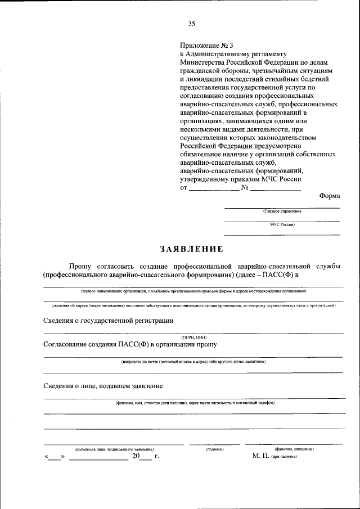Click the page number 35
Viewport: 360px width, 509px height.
click(x=191, y=24)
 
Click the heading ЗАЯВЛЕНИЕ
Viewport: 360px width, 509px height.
click(x=191, y=249)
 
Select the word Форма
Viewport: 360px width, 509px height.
click(x=330, y=196)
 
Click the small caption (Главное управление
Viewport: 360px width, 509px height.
click(x=282, y=211)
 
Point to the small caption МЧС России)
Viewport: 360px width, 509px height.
click(x=282, y=224)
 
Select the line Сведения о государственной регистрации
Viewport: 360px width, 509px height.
click(x=108, y=320)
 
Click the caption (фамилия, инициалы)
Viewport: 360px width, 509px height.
click(x=294, y=449)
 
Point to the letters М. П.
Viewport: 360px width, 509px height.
click(x=261, y=457)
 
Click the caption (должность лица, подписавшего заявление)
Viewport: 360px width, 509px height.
click(x=114, y=449)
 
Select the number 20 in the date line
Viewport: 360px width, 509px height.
click(x=136, y=457)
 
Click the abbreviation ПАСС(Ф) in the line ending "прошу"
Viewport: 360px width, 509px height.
click(x=134, y=344)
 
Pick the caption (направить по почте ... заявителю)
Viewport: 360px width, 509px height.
click(x=193, y=362)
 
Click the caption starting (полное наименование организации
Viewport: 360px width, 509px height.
click(x=193, y=292)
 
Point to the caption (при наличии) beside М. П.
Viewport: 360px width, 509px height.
click(x=284, y=457)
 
